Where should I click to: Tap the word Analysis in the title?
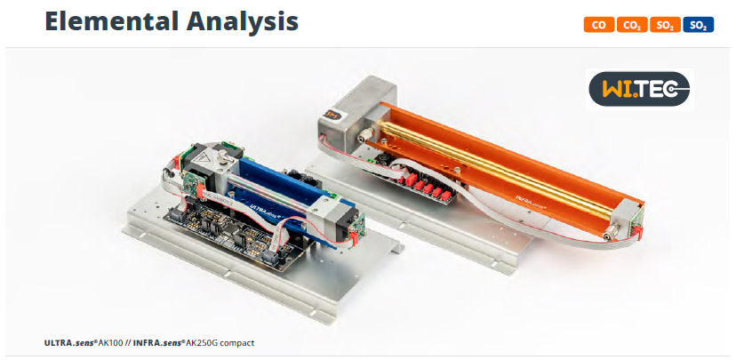(242, 22)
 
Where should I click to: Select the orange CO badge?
(599, 25)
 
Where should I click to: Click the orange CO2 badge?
(632, 25)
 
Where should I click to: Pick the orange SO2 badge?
(665, 25)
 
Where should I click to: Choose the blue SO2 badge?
(699, 25)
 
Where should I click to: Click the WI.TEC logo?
(639, 89)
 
